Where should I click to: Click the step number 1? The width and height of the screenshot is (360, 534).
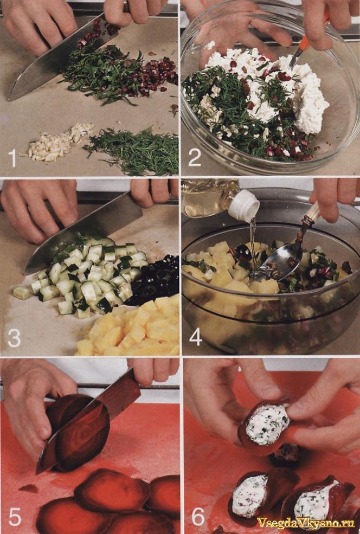point(12,158)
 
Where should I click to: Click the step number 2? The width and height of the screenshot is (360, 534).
point(195,158)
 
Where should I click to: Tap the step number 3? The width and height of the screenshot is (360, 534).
point(14,338)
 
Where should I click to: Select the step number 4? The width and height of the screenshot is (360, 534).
point(196,338)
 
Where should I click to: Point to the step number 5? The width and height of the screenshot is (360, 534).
point(15,517)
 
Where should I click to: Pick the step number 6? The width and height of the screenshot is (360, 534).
point(198,517)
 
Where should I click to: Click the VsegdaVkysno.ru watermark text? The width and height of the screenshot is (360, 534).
point(306,523)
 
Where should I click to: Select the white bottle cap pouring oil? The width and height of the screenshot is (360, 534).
point(243,205)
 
